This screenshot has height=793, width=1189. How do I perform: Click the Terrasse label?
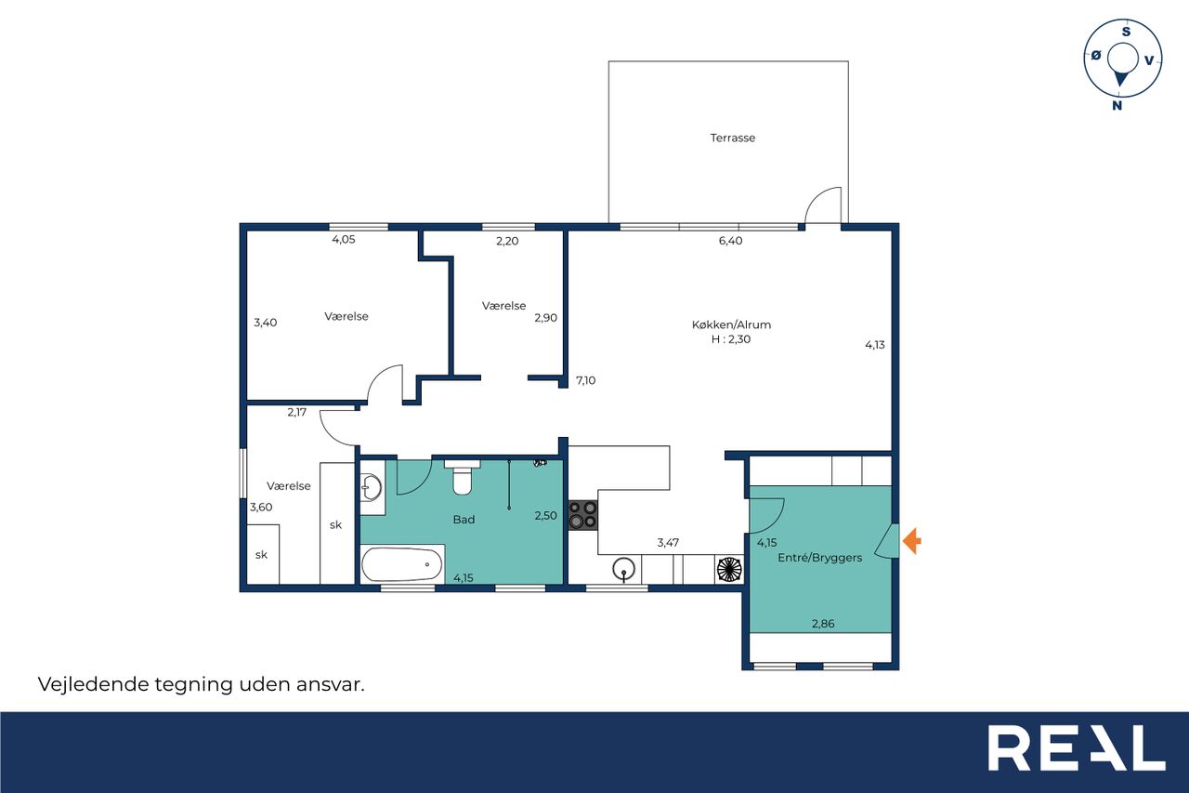733,139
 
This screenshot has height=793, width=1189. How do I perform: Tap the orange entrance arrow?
912,541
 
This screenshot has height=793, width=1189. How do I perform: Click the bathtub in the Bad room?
402,564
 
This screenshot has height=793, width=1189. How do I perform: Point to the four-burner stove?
582,515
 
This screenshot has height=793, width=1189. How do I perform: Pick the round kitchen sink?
623,569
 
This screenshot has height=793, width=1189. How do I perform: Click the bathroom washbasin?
372,487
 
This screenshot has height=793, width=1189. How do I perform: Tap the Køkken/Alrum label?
731,324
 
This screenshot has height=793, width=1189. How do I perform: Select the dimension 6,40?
730,241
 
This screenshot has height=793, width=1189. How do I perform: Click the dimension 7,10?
585,380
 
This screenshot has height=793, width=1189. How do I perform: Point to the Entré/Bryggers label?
819,558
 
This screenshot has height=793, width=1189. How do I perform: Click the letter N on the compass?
1117,106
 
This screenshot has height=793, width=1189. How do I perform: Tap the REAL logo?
1077,747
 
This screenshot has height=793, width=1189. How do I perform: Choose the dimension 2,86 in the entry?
823,624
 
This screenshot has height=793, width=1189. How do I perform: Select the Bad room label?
464,520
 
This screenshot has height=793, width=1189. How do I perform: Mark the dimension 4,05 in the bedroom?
344,240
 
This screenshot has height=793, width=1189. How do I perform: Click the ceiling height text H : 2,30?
731,339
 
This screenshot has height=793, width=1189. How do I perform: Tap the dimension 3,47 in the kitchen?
668,542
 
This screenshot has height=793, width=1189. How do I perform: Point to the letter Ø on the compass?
1095,55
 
